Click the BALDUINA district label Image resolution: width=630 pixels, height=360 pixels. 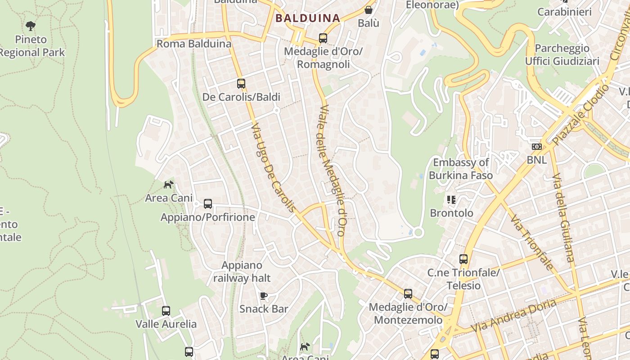[307, 18]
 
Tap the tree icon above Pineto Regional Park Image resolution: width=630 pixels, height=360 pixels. [31, 26]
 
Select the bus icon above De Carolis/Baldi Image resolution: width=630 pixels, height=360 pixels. [241, 83]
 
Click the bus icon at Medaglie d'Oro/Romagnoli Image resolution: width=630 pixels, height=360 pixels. [323, 38]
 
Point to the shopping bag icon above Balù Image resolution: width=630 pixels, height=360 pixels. [369, 9]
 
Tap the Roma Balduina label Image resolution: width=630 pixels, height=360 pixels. [193, 44]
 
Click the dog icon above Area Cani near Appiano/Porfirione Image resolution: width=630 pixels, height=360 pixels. [168, 184]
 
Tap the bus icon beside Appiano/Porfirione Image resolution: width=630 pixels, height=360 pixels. [208, 204]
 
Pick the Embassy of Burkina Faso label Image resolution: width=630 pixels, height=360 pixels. [461, 169]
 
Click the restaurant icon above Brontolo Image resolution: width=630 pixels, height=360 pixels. [451, 199]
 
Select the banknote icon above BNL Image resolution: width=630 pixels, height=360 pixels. [536, 147]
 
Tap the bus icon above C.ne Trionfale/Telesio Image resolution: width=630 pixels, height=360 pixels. [463, 259]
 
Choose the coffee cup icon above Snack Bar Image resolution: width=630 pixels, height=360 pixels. [264, 296]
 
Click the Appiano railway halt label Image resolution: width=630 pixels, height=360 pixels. [242, 271]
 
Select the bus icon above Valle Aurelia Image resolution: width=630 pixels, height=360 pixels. [166, 310]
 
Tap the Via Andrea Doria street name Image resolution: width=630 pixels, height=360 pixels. [513, 315]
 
